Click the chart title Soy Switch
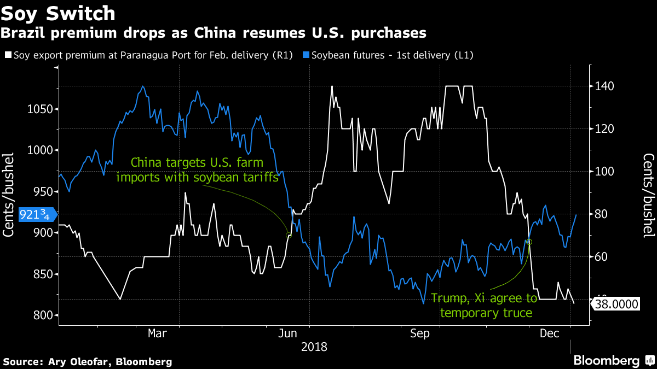(58, 13)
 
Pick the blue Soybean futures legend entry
(383, 55)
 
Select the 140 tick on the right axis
(603, 86)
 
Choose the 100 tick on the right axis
(603, 171)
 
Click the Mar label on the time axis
(158, 333)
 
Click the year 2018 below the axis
(314, 347)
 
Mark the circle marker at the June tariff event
(289, 235)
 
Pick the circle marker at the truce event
(529, 242)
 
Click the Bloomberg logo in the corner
(614, 360)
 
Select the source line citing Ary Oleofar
(88, 361)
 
